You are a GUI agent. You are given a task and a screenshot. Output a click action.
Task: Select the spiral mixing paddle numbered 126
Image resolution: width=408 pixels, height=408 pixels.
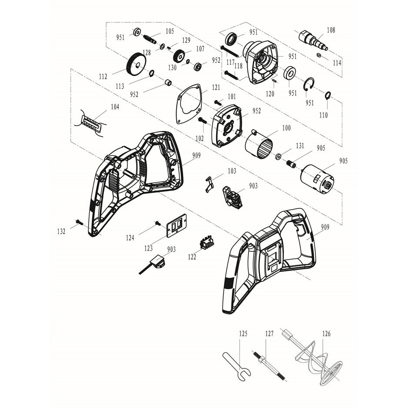(320, 363)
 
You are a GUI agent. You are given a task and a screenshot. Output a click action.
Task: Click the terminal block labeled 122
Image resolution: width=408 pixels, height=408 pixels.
(206, 243)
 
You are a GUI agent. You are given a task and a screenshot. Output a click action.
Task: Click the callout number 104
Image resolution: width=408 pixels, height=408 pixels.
(114, 107)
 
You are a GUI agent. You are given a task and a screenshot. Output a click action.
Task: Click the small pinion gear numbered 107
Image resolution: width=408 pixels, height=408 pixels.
(179, 57)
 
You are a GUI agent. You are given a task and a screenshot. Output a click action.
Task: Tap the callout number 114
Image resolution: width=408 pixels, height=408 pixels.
(337, 63)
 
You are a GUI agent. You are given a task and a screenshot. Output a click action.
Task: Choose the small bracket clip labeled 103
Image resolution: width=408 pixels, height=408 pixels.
(209, 184)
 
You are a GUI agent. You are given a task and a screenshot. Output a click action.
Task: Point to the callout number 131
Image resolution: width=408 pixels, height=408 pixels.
(300, 146)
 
